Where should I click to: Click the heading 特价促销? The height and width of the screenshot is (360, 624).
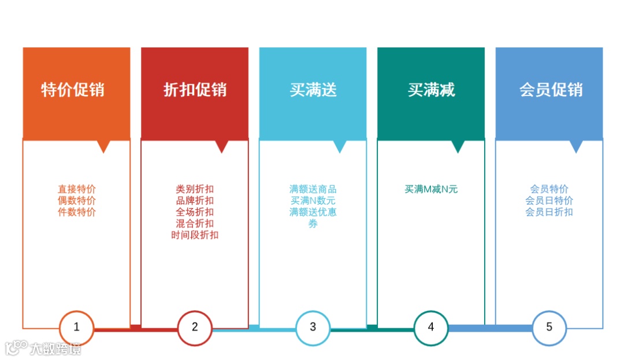[73, 90]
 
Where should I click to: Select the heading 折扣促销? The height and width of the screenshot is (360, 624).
[195, 90]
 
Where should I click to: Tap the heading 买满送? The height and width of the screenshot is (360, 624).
[313, 90]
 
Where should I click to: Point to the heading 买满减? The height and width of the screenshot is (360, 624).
[431, 90]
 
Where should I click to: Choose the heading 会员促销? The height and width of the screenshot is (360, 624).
[551, 90]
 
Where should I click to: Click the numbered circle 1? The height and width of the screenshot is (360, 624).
[76, 327]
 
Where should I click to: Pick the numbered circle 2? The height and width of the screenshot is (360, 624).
[195, 327]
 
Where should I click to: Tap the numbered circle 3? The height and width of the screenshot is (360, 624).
[313, 327]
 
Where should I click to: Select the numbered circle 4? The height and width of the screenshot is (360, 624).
[431, 327]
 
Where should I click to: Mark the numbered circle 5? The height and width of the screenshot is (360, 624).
[549, 327]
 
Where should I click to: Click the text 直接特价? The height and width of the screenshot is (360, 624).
[77, 189]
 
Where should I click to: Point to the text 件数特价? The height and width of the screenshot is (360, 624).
[77, 212]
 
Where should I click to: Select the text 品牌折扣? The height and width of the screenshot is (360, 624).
[195, 201]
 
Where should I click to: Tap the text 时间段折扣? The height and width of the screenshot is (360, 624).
[195, 235]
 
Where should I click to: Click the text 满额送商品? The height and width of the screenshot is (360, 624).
[313, 189]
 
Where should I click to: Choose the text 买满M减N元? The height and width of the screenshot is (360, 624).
[431, 189]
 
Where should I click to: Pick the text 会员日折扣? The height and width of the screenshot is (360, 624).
[549, 212]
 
